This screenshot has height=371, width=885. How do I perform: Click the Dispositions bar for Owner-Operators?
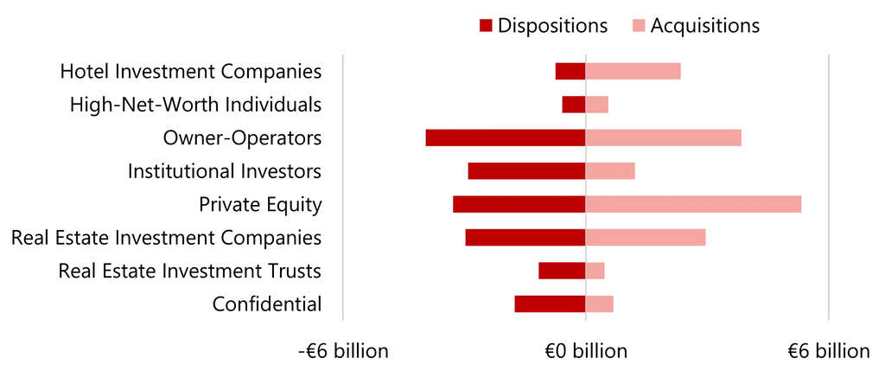coord(506,138)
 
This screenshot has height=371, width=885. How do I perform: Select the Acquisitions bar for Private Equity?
coord(693,204)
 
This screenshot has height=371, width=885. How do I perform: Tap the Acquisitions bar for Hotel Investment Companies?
coord(633,71)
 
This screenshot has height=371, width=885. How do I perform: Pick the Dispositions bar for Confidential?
coord(550,304)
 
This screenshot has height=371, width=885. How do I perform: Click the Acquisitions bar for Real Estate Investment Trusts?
coord(595,271)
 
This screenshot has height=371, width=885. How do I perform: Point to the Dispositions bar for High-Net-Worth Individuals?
coord(573,105)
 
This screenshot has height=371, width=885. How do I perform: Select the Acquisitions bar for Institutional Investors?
coord(610,170)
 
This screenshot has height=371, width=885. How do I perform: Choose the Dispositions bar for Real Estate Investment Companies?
coord(525,237)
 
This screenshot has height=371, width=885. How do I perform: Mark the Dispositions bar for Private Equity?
coord(519,204)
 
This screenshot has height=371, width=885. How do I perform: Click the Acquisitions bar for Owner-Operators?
coord(663,138)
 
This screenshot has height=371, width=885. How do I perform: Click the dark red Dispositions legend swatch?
coord(485,26)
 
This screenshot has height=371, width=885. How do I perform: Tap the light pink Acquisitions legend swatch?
coord(638,26)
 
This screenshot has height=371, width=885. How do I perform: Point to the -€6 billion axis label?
coord(343,351)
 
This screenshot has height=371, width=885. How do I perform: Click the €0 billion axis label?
coord(585,351)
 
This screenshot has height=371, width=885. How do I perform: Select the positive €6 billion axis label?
coord(828,351)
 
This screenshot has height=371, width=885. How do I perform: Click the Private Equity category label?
coord(260,205)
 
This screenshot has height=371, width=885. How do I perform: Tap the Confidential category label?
coord(267,304)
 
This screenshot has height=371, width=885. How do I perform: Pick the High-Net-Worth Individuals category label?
coord(195,105)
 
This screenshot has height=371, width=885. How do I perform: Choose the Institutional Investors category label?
coord(225,171)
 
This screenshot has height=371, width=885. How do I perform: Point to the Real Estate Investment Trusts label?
coord(189,271)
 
